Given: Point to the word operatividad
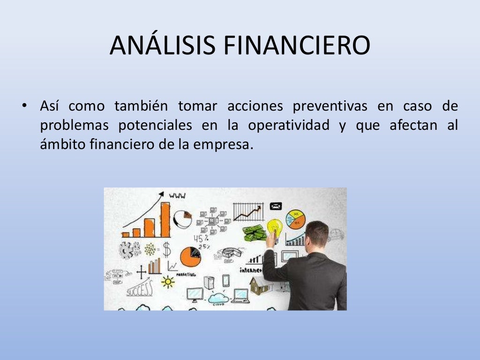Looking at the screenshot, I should click(x=288, y=126).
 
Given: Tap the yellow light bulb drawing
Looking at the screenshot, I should click(x=274, y=227).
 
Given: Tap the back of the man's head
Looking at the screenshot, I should click(x=317, y=233).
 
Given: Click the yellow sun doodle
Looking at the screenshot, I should click(x=167, y=281).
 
